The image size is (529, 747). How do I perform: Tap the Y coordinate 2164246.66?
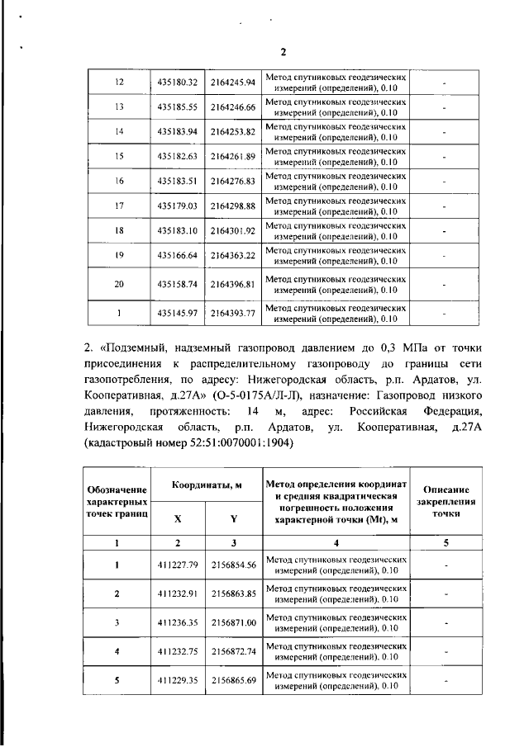coord(233,107)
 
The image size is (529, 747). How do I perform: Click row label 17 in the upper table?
coord(119,205)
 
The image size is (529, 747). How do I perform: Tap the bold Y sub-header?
coord(234,519)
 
